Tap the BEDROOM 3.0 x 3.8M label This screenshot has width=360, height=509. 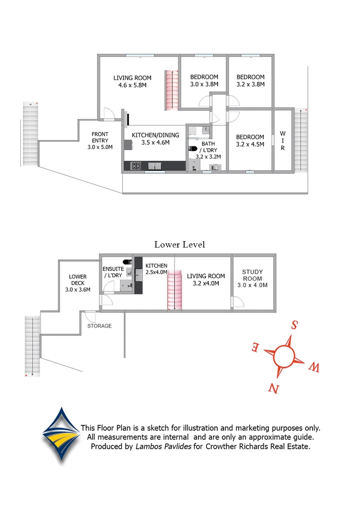(x=204, y=80)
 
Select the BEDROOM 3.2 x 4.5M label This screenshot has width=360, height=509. (x=250, y=140)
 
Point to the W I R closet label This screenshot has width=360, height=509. (x=283, y=141)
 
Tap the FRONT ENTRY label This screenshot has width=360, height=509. (x=100, y=140)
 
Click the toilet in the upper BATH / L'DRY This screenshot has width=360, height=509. (x=193, y=149)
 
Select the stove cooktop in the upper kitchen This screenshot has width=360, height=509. (x=136, y=166)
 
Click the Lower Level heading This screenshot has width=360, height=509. (x=179, y=244)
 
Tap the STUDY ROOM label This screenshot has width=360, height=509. (x=252, y=278)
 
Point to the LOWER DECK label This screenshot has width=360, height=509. (x=77, y=283)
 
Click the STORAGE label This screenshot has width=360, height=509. (x=100, y=326)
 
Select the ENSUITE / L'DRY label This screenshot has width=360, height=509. (x=112, y=272)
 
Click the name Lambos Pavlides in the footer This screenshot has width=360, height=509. (x=163, y=447)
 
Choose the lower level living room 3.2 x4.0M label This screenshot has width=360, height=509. (x=206, y=280)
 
